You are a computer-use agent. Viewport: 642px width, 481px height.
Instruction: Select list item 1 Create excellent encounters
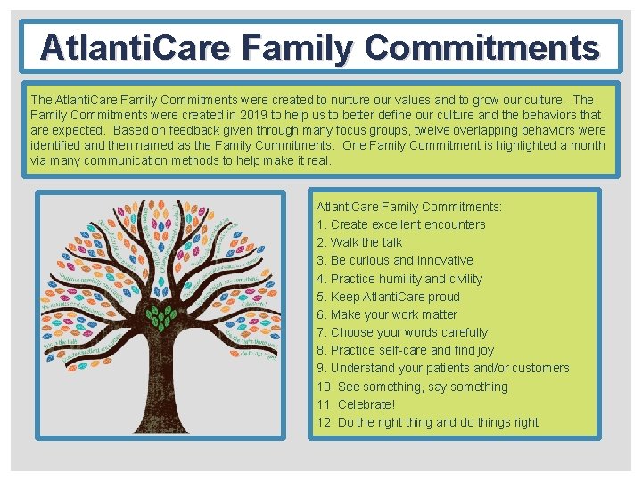point(401,224)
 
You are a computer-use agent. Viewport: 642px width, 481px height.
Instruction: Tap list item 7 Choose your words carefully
point(402,332)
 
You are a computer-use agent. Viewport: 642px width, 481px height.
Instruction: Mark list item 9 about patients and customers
point(442,368)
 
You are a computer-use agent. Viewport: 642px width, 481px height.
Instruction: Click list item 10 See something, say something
point(412,387)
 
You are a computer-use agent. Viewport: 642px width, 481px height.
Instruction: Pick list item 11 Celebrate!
point(356,404)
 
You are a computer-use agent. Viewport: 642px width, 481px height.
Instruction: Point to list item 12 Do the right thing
point(427,422)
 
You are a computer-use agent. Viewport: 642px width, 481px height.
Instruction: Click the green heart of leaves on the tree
point(160,316)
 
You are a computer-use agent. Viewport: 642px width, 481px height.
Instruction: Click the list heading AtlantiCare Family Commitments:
point(409,207)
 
